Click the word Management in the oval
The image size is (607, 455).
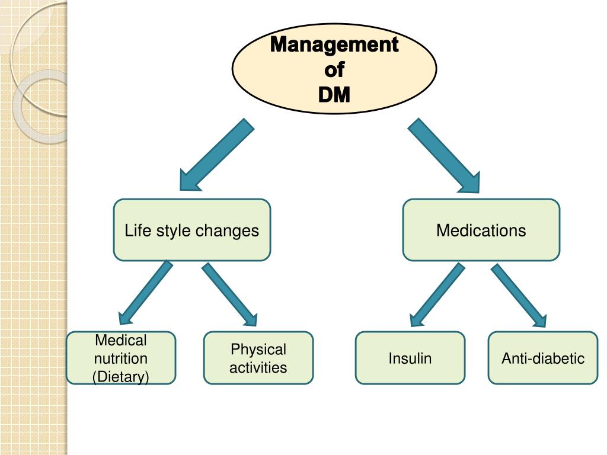(334, 45)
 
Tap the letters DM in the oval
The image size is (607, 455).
(334, 94)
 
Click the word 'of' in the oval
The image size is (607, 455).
(334, 70)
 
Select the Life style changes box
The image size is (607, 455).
(191, 230)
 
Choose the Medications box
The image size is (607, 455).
(481, 230)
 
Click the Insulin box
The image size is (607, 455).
(410, 358)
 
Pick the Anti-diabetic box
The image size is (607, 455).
(542, 358)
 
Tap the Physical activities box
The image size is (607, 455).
(258, 358)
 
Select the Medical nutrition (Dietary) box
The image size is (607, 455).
(120, 358)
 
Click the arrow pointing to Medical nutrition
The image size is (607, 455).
(145, 293)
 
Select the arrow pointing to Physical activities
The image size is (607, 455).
(229, 294)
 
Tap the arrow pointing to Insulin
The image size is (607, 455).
(436, 294)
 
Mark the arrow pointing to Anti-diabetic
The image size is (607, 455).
(518, 294)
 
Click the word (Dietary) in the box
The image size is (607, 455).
(120, 377)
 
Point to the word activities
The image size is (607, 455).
(258, 368)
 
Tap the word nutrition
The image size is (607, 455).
(120, 358)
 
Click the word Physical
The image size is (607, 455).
(258, 349)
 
